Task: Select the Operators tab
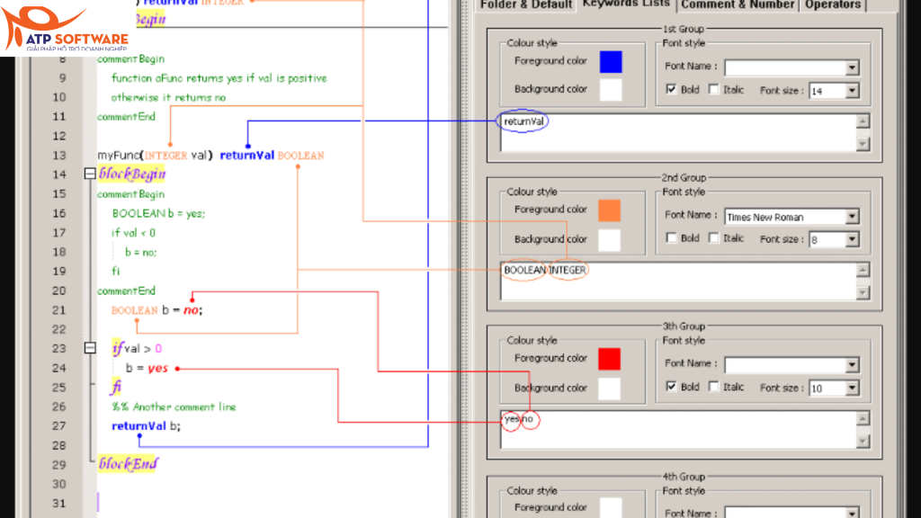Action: [832, 4]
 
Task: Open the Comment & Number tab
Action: [737, 4]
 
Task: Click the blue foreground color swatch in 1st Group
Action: [610, 62]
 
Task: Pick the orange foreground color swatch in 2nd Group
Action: [610, 210]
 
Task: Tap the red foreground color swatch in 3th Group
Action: [610, 359]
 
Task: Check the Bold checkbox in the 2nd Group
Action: [671, 238]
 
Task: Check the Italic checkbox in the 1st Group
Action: [714, 90]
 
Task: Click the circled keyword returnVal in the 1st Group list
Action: [523, 121]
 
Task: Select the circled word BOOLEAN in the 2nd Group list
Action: [523, 270]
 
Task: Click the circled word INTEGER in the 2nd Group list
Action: [568, 270]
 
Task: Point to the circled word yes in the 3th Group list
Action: [511, 419]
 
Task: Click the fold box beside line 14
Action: [89, 174]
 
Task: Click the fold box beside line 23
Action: [89, 348]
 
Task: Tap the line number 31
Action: [58, 503]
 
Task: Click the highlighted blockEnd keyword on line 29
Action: [128, 464]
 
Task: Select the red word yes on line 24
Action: [158, 368]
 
